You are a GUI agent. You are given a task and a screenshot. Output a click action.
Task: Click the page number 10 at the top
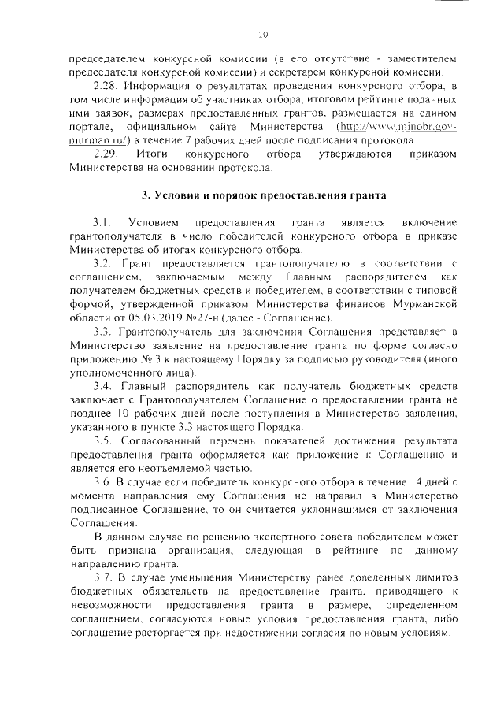pos(263,34)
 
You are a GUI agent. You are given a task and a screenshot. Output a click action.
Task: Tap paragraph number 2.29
pos(105,154)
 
